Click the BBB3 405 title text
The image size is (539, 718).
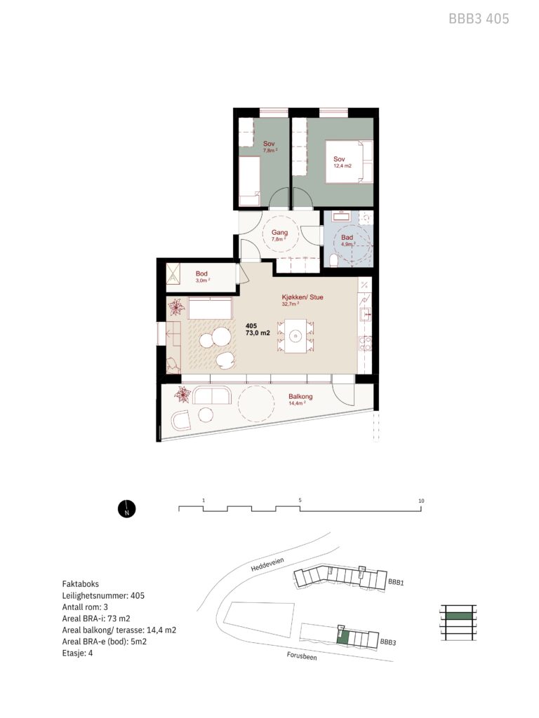tap(479, 19)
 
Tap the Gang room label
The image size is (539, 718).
tap(279, 232)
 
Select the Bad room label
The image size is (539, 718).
tap(347, 237)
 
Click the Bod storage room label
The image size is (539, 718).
tap(201, 273)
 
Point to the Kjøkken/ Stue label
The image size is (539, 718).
tap(302, 297)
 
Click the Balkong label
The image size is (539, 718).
tap(300, 397)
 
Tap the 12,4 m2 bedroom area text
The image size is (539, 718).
tap(342, 165)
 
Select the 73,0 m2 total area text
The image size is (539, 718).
tap(258, 333)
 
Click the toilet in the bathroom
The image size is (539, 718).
tap(333, 261)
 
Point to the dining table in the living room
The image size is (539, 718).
tap(295, 336)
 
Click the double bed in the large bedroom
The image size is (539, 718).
tap(350, 162)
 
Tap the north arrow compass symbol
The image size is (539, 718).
tap(127, 508)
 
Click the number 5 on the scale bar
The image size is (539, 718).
tap(300, 500)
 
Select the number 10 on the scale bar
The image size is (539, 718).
tap(421, 501)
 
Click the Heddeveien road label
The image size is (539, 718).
tap(267, 564)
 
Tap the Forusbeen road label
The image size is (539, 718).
tap(302, 656)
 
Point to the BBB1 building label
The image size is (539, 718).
tap(396, 582)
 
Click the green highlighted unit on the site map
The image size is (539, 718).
tap(342, 637)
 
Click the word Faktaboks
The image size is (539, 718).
tap(80, 584)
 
